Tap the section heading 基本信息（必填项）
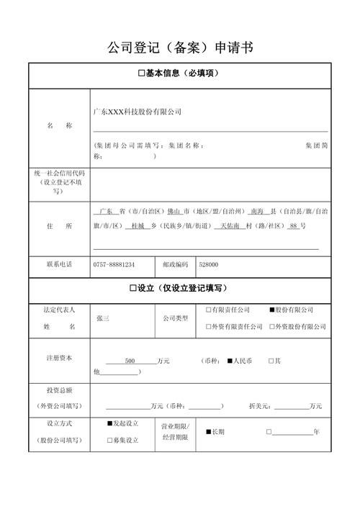coord(179,73)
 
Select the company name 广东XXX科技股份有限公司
coord(138,112)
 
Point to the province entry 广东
coord(106,212)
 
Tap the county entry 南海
coord(257,212)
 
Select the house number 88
coord(292,226)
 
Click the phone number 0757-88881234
coord(114,264)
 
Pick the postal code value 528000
coord(209,264)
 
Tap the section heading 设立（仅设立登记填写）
coord(179,288)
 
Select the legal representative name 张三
coord(102,317)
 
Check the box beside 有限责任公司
coord(209,310)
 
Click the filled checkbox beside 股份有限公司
coord(272,310)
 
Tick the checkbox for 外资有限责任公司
coord(209,326)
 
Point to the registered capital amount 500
coord(130,361)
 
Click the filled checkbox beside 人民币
coord(230,361)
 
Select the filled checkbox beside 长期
coord(209,432)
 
